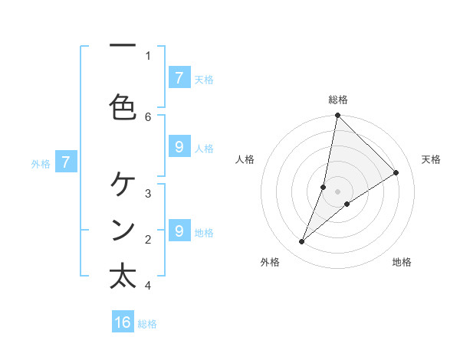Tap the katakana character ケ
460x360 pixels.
(x=123, y=184)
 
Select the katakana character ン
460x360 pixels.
(x=123, y=229)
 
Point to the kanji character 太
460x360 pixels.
(x=123, y=276)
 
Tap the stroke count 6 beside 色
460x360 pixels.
(x=148, y=116)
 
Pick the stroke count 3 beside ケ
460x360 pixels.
(x=148, y=193)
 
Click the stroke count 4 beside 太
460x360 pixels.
(x=148, y=286)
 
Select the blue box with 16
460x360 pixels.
(x=123, y=322)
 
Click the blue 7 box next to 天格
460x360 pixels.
(x=179, y=78)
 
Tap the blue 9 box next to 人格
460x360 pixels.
(x=179, y=148)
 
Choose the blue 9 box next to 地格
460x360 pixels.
(x=179, y=231)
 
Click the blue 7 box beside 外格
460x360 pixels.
(x=66, y=162)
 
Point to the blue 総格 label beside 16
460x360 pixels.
(x=147, y=324)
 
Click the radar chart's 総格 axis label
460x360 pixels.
(x=337, y=100)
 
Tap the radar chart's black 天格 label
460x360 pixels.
(x=431, y=159)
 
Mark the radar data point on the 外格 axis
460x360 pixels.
(x=301, y=242)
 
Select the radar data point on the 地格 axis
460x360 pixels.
(x=347, y=204)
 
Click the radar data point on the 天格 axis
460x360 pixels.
(x=396, y=173)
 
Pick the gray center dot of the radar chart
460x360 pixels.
(x=337, y=191)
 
